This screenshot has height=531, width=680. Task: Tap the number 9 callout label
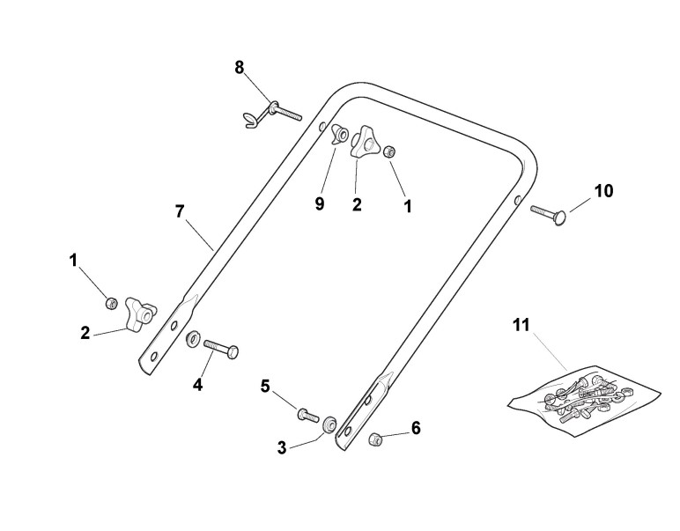click(320, 203)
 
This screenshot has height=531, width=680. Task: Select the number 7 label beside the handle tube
click(180, 211)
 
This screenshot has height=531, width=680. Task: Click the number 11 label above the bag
click(521, 325)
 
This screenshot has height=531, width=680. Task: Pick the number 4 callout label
click(197, 384)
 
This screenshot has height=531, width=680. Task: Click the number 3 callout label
click(282, 447)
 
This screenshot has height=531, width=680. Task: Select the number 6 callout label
click(416, 428)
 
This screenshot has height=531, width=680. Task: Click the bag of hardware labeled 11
click(585, 393)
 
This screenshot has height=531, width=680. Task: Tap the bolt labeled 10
click(551, 210)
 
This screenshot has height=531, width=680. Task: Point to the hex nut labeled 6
click(375, 438)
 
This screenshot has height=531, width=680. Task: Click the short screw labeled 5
click(307, 413)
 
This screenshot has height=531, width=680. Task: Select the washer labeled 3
click(329, 424)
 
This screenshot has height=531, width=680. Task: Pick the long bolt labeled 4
click(222, 348)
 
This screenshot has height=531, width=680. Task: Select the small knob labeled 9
click(339, 138)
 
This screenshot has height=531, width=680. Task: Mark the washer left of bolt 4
click(191, 339)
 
